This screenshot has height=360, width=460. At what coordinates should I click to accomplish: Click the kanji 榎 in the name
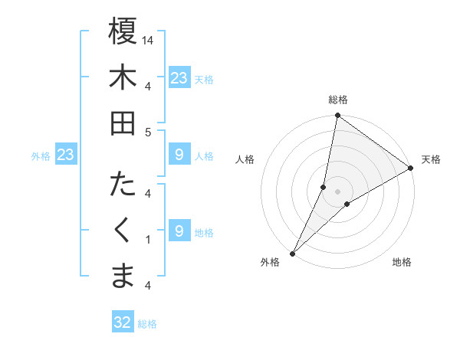pos(123,31)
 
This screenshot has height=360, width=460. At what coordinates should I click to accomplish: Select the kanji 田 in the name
pos(123,122)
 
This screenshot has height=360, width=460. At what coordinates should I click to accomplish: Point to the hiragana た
pos(123,185)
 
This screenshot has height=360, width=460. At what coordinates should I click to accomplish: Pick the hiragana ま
pos(123,275)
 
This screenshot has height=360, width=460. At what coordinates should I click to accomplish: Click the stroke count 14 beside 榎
pos(149,40)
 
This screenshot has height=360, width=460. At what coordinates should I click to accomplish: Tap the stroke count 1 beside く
pos(149,240)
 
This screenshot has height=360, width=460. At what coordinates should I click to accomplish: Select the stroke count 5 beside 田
pos(149,132)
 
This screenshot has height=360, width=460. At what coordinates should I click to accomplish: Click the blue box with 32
pos(123,323)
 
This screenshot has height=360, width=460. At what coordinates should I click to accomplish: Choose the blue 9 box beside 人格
pos(179,155)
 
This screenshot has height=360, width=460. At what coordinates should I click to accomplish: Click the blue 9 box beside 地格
pos(179,231)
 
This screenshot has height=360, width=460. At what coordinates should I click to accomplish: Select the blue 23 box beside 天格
pos(179,77)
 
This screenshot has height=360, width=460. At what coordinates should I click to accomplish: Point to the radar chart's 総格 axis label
pos(338,100)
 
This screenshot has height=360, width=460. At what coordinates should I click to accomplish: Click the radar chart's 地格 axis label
pos(402,262)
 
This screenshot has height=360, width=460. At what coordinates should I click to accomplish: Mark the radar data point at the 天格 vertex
pos(411,169)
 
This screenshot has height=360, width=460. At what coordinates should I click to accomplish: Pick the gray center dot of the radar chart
pos(338,192)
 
